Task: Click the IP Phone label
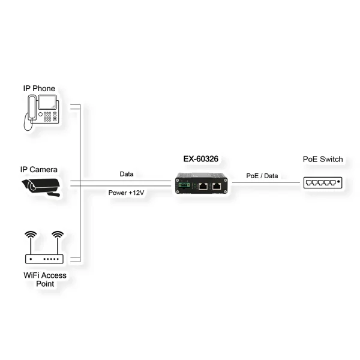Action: (x=39, y=89)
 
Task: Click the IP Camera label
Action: (x=38, y=170)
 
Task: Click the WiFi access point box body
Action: (x=44, y=259)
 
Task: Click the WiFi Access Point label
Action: (x=44, y=280)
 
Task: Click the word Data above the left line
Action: (x=127, y=174)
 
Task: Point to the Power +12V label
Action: (x=126, y=193)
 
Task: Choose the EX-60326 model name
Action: (x=202, y=160)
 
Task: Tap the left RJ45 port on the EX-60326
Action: (x=203, y=185)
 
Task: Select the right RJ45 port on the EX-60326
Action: (x=217, y=185)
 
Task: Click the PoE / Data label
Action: (x=262, y=176)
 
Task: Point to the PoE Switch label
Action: (x=323, y=160)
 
